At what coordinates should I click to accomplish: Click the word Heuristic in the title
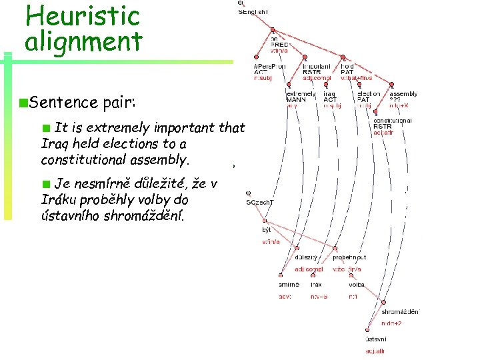[x=81, y=15]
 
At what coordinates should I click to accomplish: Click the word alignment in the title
[x=83, y=41]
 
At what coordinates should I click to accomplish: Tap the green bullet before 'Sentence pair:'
[x=23, y=103]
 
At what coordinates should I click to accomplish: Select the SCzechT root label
[x=259, y=201]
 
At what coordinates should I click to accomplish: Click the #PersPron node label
[x=269, y=66]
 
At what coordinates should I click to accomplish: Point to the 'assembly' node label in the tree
[x=404, y=94]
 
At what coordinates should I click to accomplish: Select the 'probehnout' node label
[x=349, y=257]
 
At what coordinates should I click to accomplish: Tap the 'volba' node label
[x=357, y=285]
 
